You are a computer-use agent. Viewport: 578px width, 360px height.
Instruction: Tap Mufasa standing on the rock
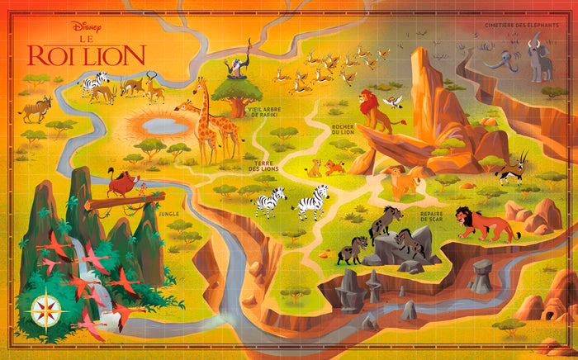point(376,111)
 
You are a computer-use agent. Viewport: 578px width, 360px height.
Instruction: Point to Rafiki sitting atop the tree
point(237,67)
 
